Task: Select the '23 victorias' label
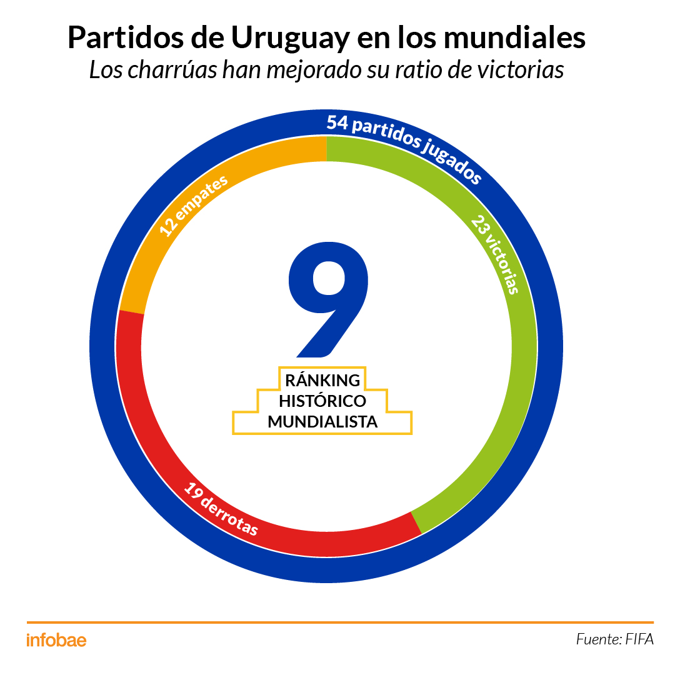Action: click(496, 254)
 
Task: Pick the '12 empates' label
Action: click(194, 206)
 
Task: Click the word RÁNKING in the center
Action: click(322, 380)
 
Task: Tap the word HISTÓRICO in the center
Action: click(322, 401)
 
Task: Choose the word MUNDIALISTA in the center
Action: click(322, 422)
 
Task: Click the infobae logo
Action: click(56, 640)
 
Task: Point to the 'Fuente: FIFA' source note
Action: click(614, 639)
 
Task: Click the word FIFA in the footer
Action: click(639, 639)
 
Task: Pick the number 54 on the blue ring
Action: click(337, 122)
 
